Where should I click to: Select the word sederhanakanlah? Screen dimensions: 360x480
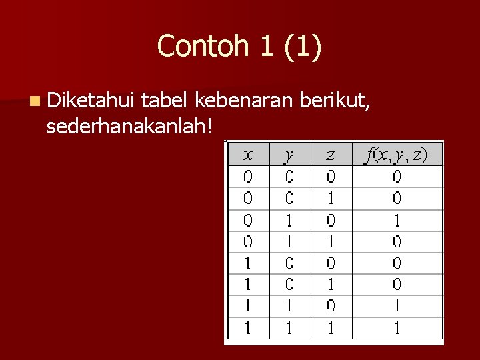point(130,125)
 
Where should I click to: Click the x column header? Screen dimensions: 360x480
point(248,155)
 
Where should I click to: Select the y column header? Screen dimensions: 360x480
point(289,155)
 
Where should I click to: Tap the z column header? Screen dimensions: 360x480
point(331,155)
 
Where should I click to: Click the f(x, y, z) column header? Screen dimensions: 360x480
point(397,155)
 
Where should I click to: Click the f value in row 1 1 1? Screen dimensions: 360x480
point(397,328)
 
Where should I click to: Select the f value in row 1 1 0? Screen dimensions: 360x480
point(397,307)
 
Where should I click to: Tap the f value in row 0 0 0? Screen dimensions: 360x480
point(397,177)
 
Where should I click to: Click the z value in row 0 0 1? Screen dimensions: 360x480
point(331,199)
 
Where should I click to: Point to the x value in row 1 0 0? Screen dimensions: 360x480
point(248,263)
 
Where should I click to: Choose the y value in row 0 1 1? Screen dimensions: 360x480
point(289,242)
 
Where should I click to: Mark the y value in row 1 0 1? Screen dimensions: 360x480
point(289,285)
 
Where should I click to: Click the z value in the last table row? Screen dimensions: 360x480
point(331,328)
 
